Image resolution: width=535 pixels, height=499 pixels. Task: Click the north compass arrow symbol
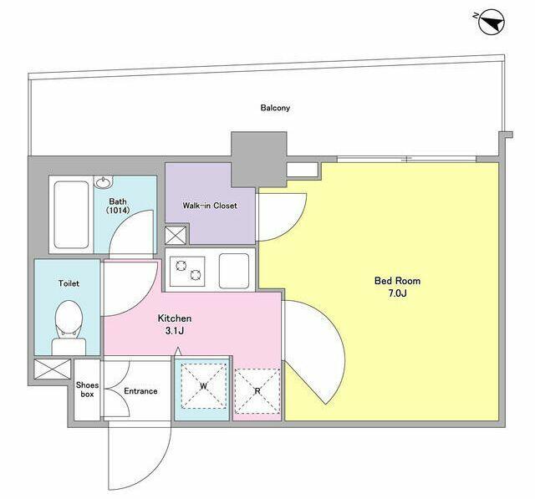(x=492, y=22)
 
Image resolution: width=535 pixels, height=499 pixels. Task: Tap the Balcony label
(x=275, y=108)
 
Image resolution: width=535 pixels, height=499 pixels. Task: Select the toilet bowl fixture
(x=69, y=327)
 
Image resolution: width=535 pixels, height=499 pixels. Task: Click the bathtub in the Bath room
(x=71, y=215)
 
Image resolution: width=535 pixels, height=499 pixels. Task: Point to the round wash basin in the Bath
(x=104, y=183)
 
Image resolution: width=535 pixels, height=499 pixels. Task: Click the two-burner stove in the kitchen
(x=187, y=271)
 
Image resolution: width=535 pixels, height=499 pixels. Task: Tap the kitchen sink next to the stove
(x=234, y=271)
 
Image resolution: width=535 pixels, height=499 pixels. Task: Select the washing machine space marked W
(x=203, y=386)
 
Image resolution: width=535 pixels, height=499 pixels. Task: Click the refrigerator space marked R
(x=257, y=391)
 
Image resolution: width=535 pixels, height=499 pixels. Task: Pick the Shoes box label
(x=87, y=390)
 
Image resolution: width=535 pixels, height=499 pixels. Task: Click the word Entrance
(x=140, y=391)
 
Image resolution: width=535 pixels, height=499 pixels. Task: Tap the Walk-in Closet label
(x=210, y=206)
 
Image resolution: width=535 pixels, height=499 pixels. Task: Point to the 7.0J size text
(x=398, y=293)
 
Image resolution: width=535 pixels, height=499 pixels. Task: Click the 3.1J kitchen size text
(x=175, y=330)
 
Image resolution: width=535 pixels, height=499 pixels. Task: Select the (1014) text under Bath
(x=118, y=211)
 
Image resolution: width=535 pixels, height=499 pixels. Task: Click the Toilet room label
(x=69, y=283)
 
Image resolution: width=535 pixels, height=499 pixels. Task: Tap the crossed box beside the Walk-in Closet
(x=176, y=236)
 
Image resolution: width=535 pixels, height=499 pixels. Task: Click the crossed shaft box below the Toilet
(x=53, y=369)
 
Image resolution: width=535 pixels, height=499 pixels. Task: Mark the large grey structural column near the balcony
(x=258, y=160)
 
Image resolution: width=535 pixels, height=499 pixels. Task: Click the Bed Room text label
(x=398, y=281)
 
